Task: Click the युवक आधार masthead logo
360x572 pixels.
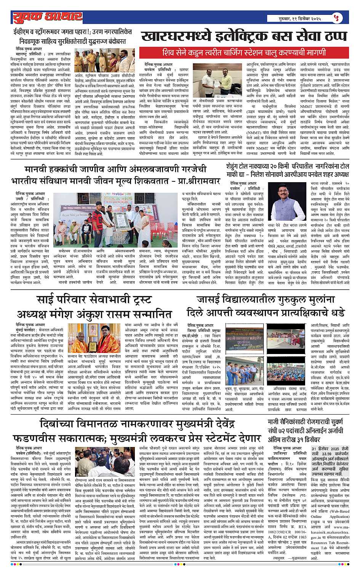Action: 47,17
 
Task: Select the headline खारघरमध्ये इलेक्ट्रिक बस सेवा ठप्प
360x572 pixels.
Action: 244,37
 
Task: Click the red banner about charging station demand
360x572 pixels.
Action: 244,52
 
